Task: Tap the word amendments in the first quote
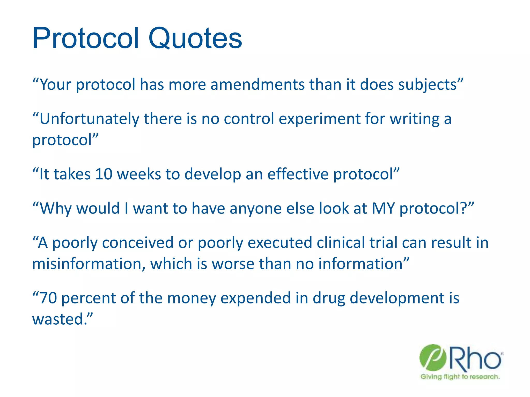[257, 85]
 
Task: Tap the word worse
[233, 264]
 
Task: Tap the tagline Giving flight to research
[460, 377]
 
